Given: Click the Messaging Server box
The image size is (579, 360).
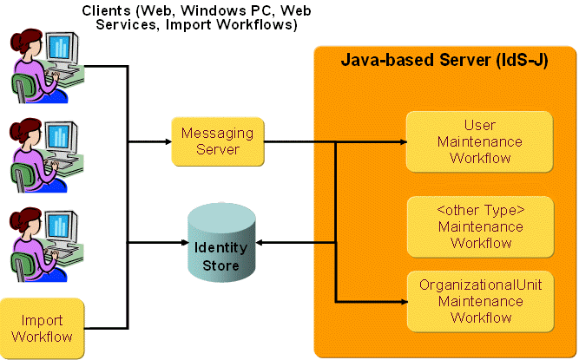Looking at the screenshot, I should [217, 141].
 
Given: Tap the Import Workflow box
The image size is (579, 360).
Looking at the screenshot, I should [43, 328].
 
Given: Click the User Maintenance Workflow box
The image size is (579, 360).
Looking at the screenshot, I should [480, 141].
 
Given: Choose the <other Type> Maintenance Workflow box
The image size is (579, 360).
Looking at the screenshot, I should [480, 226].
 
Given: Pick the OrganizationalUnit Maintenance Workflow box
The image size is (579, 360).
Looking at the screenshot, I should [480, 301].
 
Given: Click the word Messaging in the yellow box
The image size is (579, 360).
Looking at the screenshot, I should [217, 134].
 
